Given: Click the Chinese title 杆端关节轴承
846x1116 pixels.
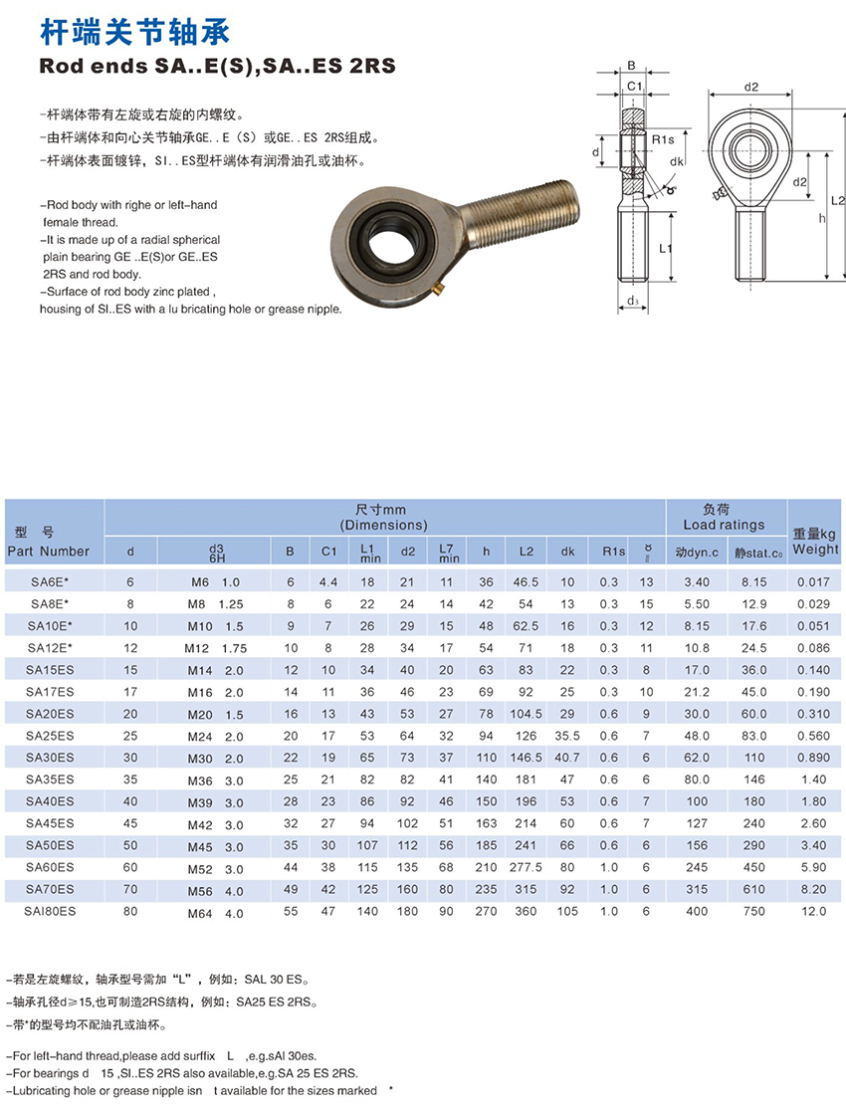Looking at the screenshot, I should click(133, 33).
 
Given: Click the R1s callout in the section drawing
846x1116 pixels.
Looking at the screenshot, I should click(663, 138).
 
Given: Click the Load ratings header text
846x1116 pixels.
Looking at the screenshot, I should click(724, 525).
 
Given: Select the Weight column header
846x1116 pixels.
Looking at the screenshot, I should click(816, 549).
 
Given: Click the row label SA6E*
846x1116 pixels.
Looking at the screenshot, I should click(49, 582).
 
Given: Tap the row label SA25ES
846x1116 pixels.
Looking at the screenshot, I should click(50, 736).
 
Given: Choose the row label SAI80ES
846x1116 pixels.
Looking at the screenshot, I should click(50, 911).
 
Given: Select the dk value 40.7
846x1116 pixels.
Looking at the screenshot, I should click(567, 758).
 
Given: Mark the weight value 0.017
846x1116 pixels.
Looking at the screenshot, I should click(812, 582).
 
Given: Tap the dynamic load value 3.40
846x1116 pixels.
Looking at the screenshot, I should click(697, 582).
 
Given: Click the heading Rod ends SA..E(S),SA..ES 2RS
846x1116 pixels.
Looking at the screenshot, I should click(217, 68).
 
